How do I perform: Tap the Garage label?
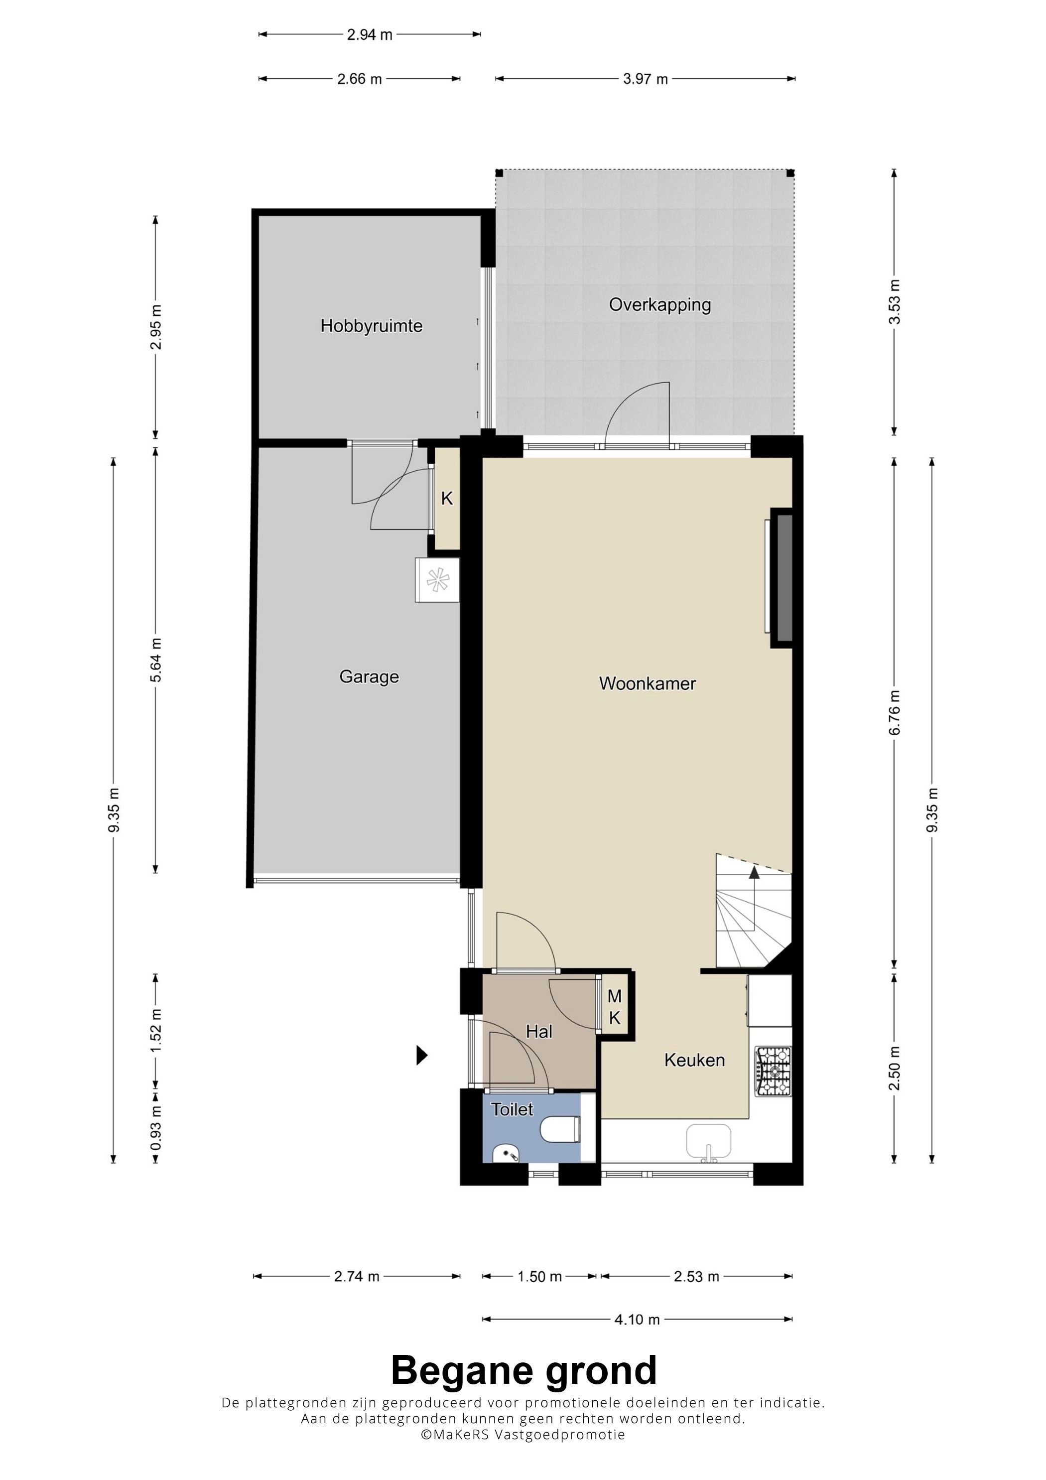[x=369, y=677]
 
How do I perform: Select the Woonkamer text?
[x=647, y=683]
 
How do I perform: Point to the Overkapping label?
[x=660, y=304]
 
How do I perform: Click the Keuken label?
[x=694, y=1061]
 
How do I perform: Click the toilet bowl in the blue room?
[x=560, y=1129]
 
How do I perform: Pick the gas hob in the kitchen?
[x=774, y=1072]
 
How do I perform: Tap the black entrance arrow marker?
[x=422, y=1055]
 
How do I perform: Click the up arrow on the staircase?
[x=754, y=872]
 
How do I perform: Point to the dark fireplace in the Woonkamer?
[x=783, y=577]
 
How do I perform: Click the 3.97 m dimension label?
[x=645, y=79]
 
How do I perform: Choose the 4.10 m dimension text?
[x=637, y=1320]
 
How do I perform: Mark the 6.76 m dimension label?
[x=895, y=712]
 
